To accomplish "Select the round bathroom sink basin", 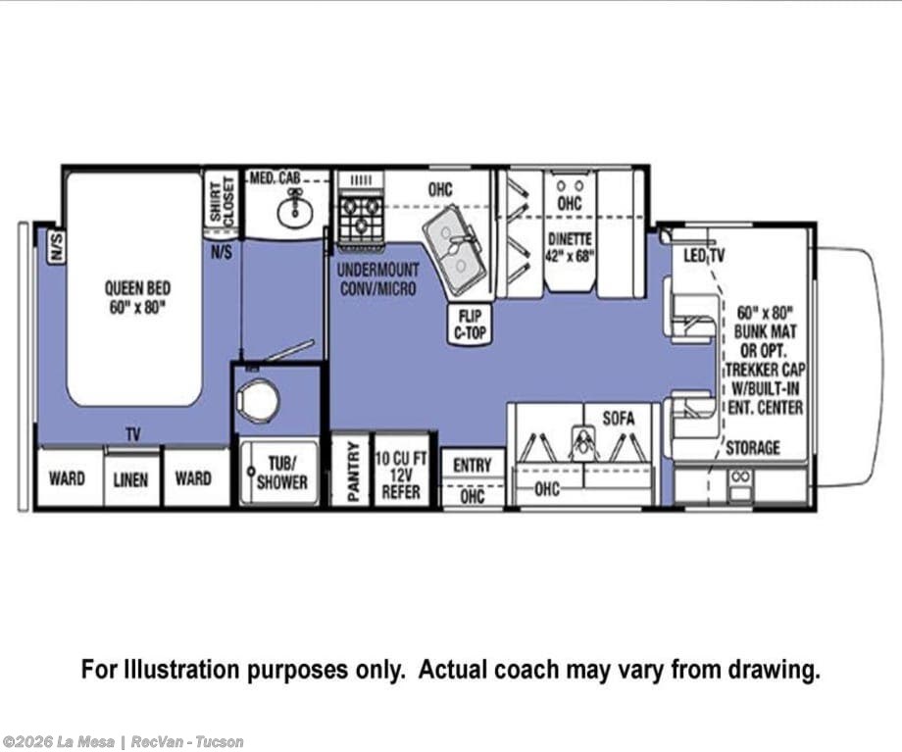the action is coord(294,214).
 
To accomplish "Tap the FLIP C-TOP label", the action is coord(471,324).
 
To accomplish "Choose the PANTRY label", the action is coord(353,472).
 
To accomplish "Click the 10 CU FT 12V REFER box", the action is coord(402,469).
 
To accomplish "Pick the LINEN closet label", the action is coord(130,479).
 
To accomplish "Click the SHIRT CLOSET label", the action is coord(222,199).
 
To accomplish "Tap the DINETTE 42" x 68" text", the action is coord(569,247).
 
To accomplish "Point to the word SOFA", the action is coord(619,419).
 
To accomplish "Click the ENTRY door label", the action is coord(473,465).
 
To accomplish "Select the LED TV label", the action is coord(704,255).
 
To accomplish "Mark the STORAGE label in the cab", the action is coord(752,447).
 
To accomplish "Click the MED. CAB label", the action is coord(275,177).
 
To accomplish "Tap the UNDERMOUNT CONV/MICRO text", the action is coord(377,278).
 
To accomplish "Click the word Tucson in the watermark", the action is coord(220,741).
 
